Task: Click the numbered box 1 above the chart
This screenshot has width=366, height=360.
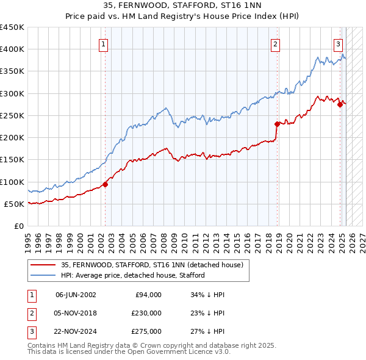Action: point(103,44)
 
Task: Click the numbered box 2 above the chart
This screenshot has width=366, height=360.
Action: point(276,44)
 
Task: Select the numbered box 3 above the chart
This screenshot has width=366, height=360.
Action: point(338,44)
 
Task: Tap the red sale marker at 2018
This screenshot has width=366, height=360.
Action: point(277,124)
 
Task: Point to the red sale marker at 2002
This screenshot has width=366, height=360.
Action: point(105,184)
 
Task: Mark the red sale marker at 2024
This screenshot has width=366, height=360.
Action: point(340,104)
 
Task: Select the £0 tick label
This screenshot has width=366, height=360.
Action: point(19,226)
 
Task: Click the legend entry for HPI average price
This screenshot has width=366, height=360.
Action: point(132,275)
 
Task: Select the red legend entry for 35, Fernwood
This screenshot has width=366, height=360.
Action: point(152,265)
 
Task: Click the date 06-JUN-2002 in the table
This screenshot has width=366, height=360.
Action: point(76,295)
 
